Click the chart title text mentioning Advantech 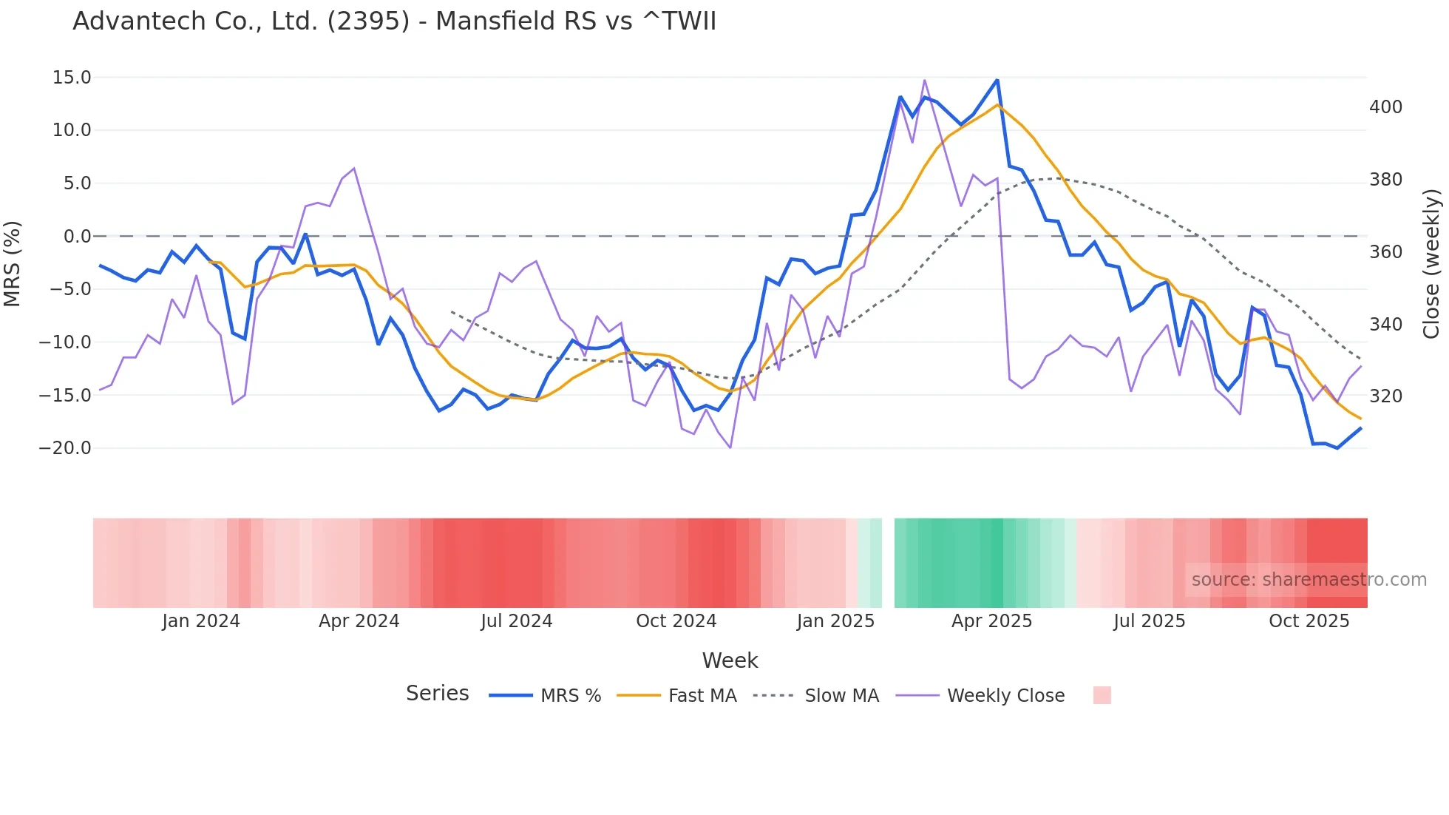[394, 21]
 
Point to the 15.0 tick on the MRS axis [72, 78]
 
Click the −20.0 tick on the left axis [65, 448]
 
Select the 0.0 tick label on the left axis [77, 237]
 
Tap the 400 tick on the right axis [1385, 107]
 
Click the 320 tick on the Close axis [1385, 396]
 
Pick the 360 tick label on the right [1385, 252]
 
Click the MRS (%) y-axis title [13, 263]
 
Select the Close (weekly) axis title [1431, 263]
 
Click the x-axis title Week [730, 660]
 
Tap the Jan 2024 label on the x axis [201, 621]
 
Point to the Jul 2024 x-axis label [517, 621]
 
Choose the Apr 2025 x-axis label [991, 621]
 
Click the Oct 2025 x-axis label [1309, 621]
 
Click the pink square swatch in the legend [1102, 695]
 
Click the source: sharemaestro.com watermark [1309, 580]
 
